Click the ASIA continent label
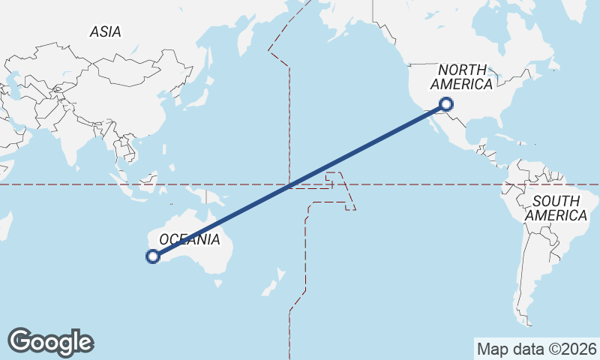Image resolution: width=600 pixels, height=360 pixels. [105, 31]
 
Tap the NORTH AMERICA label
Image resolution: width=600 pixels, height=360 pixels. [461, 76]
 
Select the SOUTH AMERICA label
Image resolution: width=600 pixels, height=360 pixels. [556, 208]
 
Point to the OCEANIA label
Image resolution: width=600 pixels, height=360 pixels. [189, 239]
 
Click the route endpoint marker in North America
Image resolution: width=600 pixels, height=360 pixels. [447, 104]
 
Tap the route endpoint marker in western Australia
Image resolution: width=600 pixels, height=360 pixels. [153, 256]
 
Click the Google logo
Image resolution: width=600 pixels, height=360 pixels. [50, 341]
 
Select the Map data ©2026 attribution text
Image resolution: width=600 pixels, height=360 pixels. [536, 349]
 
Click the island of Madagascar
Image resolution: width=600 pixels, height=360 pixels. [5, 225]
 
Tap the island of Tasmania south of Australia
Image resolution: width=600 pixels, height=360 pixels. [218, 283]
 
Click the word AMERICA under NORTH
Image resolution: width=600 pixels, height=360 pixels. [461, 84]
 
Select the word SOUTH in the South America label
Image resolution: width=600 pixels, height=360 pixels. [556, 201]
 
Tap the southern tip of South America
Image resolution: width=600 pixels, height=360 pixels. [529, 321]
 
